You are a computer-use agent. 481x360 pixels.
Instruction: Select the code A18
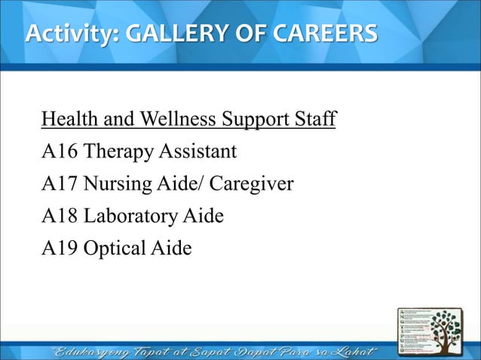click(60, 217)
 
